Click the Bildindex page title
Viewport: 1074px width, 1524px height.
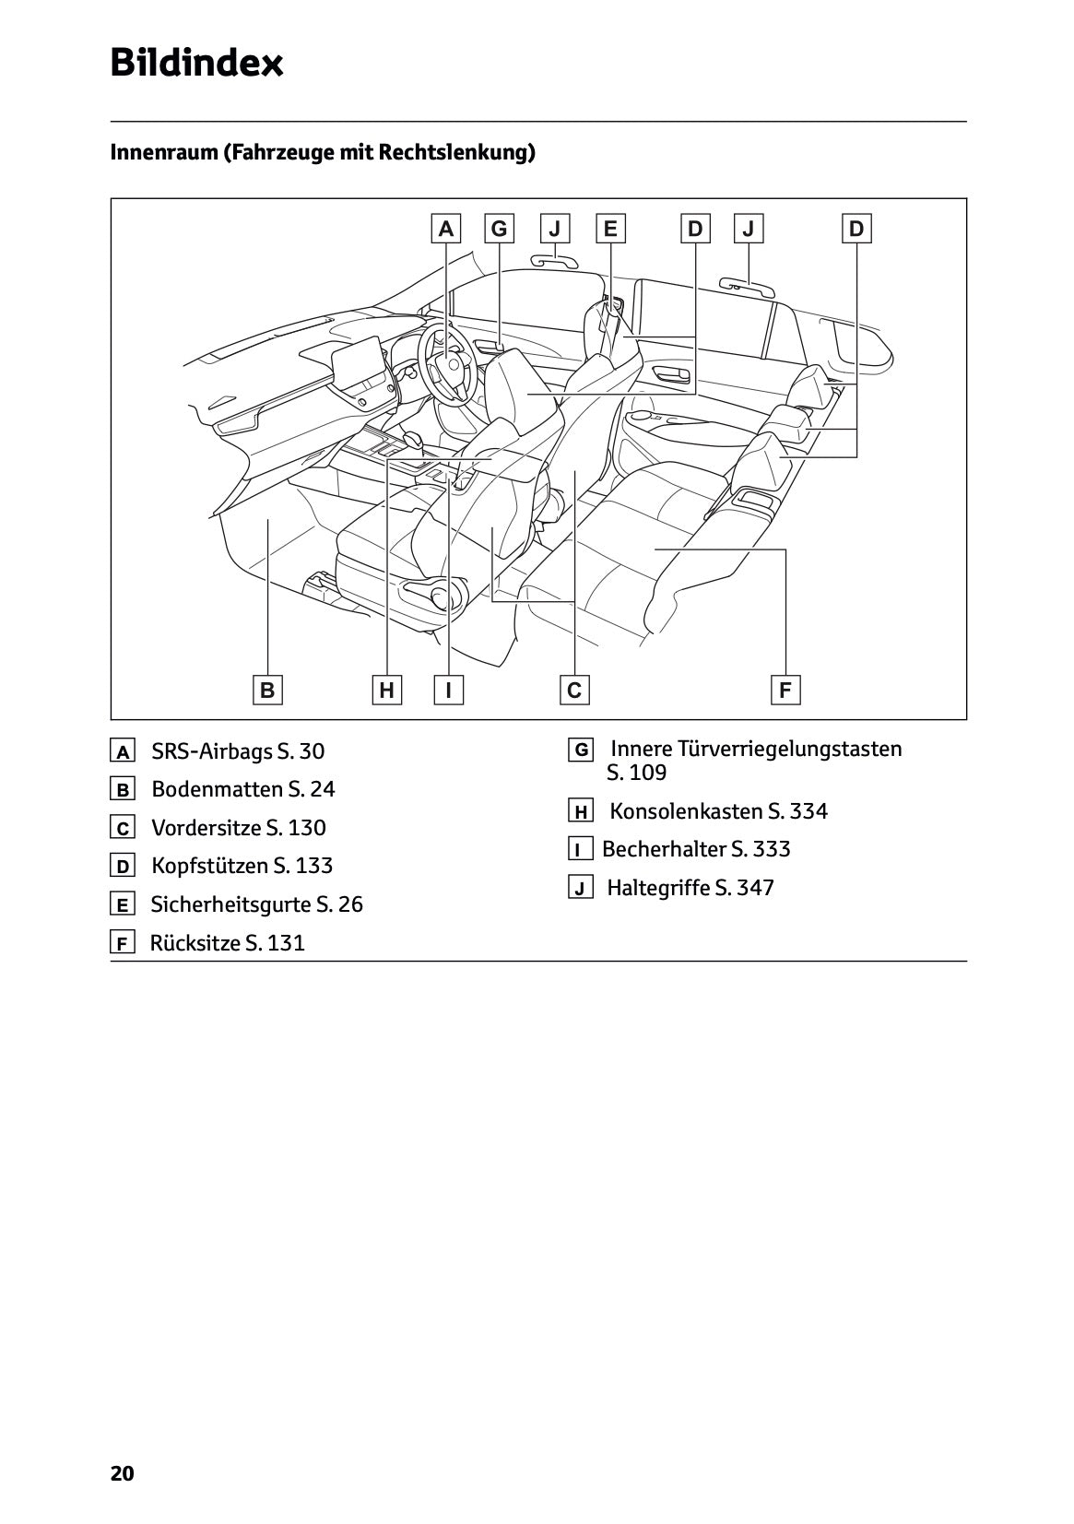tap(196, 64)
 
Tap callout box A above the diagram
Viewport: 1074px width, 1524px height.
tap(446, 229)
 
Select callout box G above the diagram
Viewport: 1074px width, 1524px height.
tap(500, 229)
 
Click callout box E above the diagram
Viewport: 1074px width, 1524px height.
tap(610, 229)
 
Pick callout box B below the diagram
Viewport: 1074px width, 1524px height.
tap(267, 690)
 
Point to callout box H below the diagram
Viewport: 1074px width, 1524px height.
tap(386, 690)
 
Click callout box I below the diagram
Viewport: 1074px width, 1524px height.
tap(449, 690)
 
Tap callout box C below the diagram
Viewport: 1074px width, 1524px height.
tap(574, 690)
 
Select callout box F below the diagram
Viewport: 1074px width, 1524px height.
tap(785, 690)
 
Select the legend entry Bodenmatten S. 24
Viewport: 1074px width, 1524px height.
tap(242, 789)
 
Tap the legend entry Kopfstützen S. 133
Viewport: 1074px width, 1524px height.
tap(242, 866)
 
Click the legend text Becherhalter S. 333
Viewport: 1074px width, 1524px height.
tap(696, 849)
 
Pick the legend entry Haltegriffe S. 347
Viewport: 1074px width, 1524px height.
tap(690, 888)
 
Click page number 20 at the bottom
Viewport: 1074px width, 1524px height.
tap(122, 1473)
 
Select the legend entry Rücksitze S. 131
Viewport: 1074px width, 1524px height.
tap(227, 943)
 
